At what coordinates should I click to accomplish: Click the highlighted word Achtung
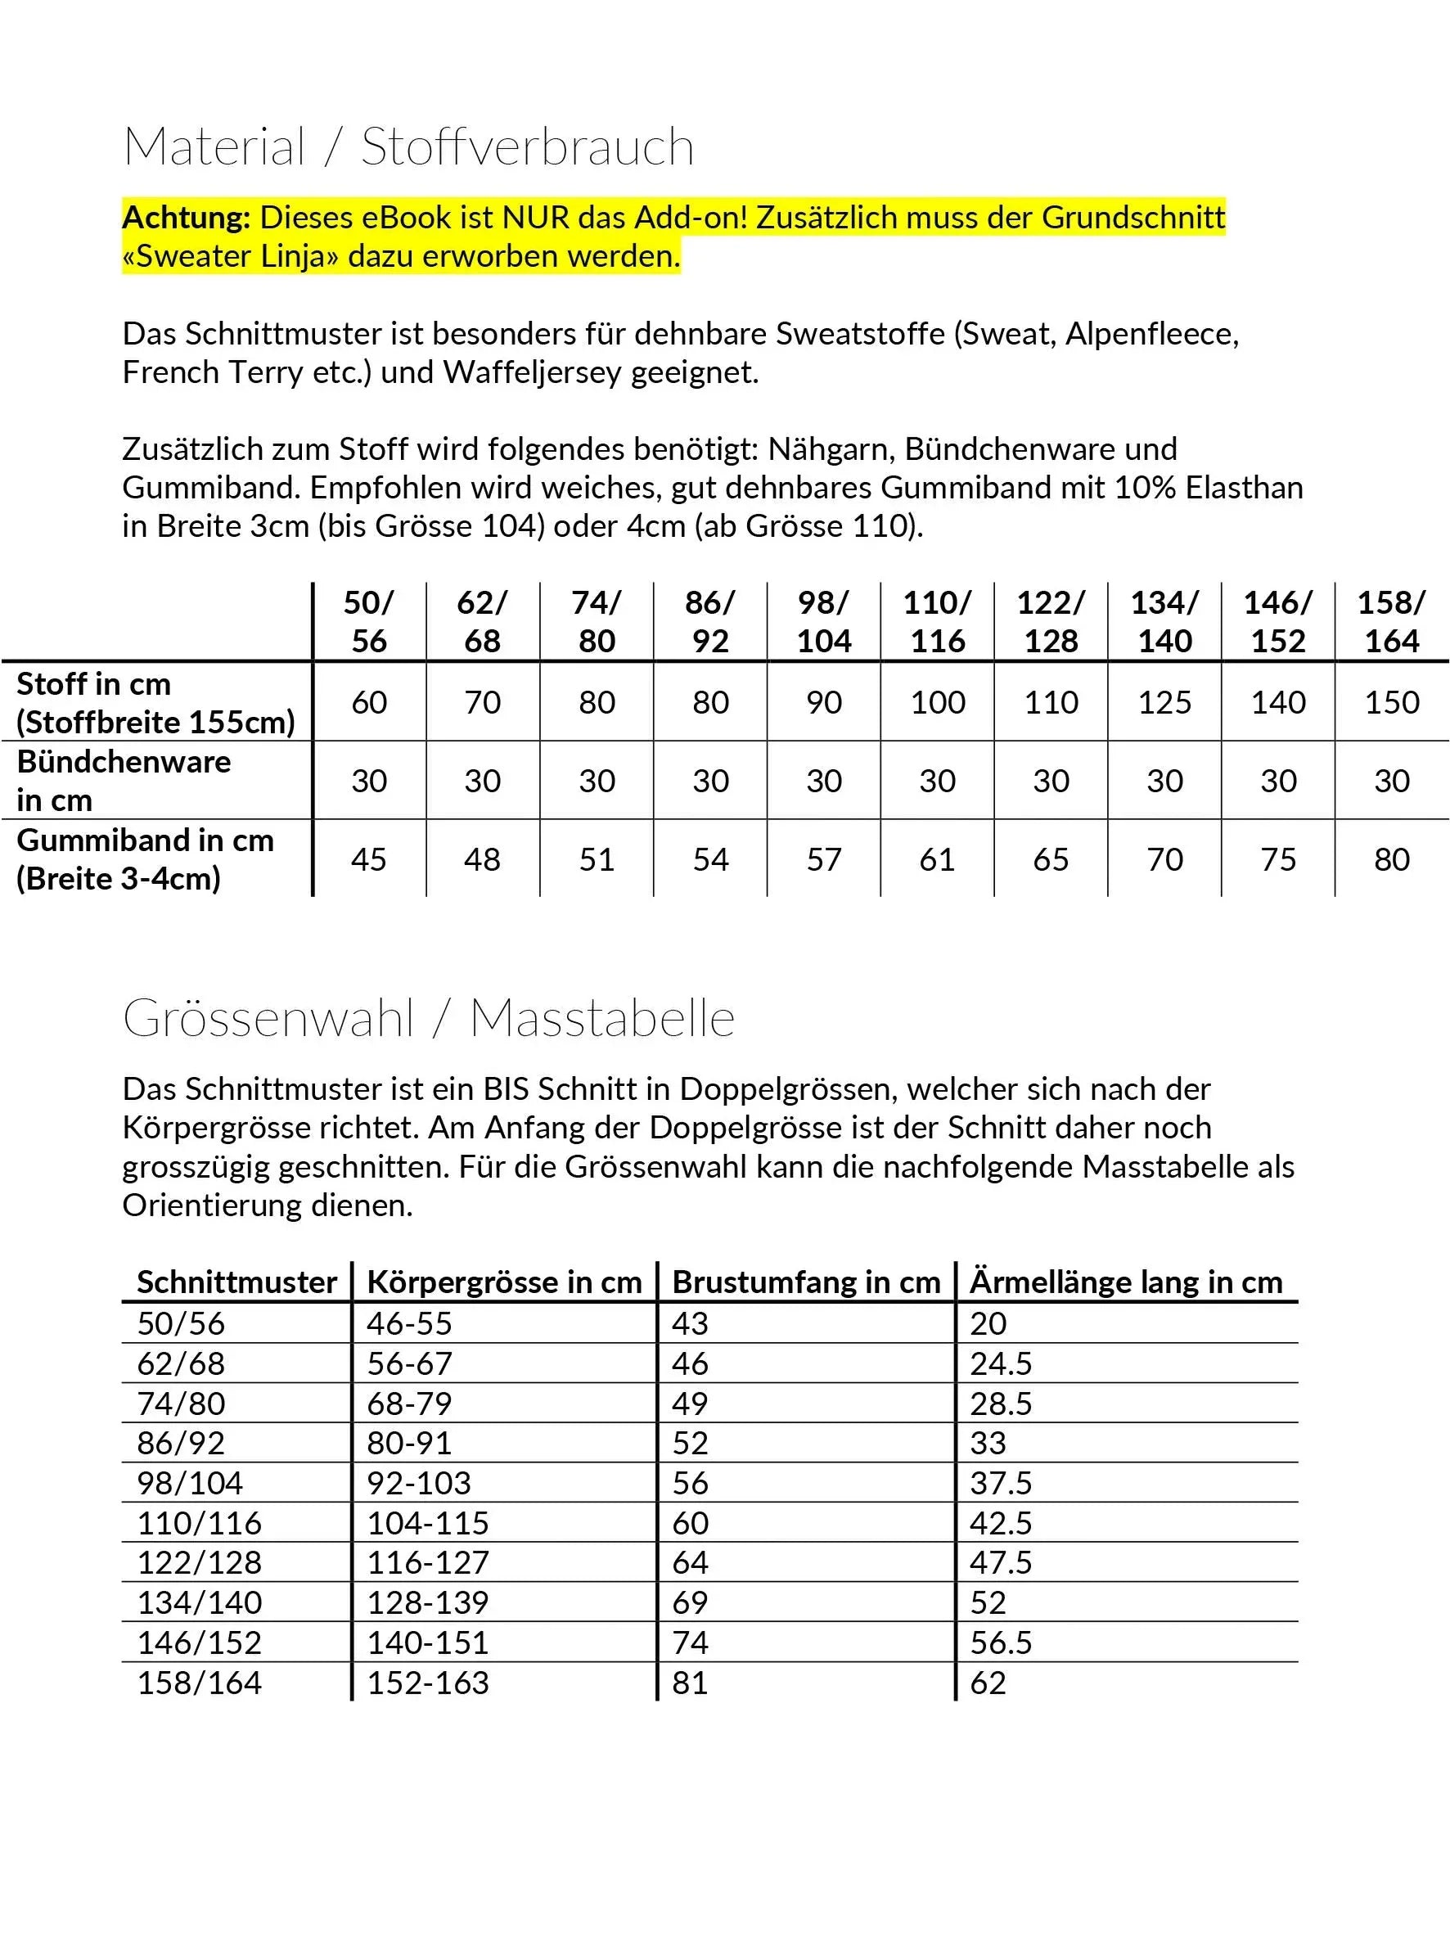187,217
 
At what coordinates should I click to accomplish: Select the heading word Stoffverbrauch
527,146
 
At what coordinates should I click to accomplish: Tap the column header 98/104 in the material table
823,621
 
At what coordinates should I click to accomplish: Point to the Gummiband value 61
937,859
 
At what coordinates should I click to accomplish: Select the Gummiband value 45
369,859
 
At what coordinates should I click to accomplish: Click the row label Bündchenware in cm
124,781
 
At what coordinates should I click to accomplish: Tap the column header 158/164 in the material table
1391,621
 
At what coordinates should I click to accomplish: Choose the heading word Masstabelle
602,1018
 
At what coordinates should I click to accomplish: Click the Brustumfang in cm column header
806,1282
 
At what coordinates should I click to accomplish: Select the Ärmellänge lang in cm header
1126,1282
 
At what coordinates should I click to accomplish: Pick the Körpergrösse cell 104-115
427,1523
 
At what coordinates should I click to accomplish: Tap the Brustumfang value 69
690,1602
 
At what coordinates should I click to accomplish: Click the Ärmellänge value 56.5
1001,1642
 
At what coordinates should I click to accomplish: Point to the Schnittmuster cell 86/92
181,1443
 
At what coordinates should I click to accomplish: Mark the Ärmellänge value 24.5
1001,1363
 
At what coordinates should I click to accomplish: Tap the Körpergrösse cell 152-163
427,1683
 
